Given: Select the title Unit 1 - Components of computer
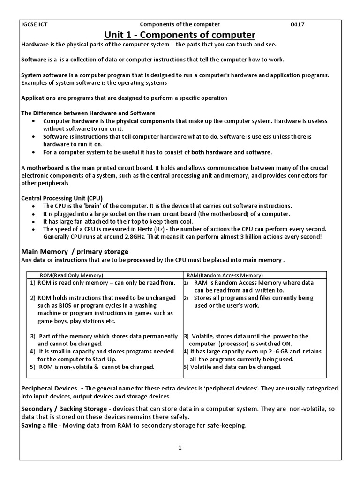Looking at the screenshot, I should coord(180,35).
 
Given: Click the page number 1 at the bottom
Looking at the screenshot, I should coord(180,448).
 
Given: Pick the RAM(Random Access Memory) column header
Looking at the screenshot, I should coord(225,275).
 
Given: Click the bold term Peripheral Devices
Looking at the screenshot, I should coord(49,389).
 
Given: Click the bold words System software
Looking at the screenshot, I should coord(43,75).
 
